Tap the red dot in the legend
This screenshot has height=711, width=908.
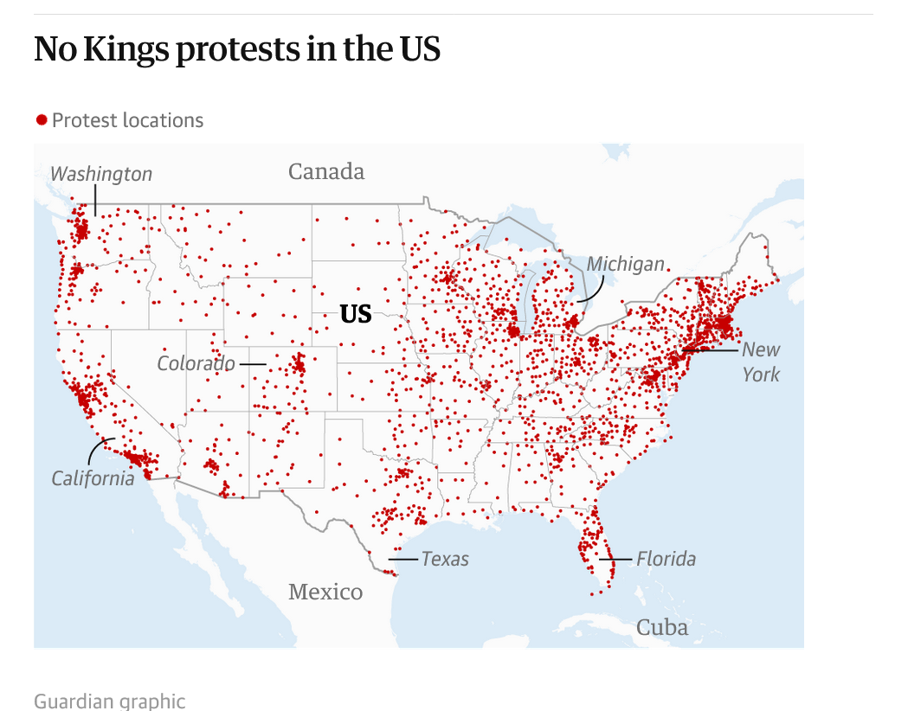tap(41, 119)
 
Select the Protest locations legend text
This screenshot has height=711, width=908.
tap(127, 120)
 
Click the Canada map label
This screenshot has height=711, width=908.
tap(326, 171)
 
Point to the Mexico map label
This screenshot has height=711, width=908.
tap(325, 592)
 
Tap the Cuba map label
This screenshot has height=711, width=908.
tap(662, 627)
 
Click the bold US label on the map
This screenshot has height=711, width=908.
tap(356, 314)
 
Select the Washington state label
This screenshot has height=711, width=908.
tap(101, 174)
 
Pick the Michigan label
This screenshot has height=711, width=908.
tap(626, 264)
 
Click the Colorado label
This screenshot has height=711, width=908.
tap(196, 363)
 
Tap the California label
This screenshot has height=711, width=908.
tap(93, 477)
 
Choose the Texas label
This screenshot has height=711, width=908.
tap(445, 559)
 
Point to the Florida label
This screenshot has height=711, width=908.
tap(666, 559)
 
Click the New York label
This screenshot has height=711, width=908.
tap(761, 362)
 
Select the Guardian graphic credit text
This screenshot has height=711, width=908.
tap(110, 701)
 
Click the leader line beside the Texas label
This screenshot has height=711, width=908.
tap(403, 560)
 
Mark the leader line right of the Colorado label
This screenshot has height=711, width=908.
tap(252, 364)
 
